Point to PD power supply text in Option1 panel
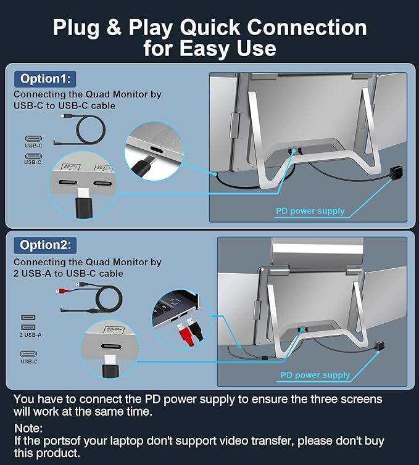point(310,211)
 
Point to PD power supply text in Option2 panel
point(315,375)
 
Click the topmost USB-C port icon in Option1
point(32,139)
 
